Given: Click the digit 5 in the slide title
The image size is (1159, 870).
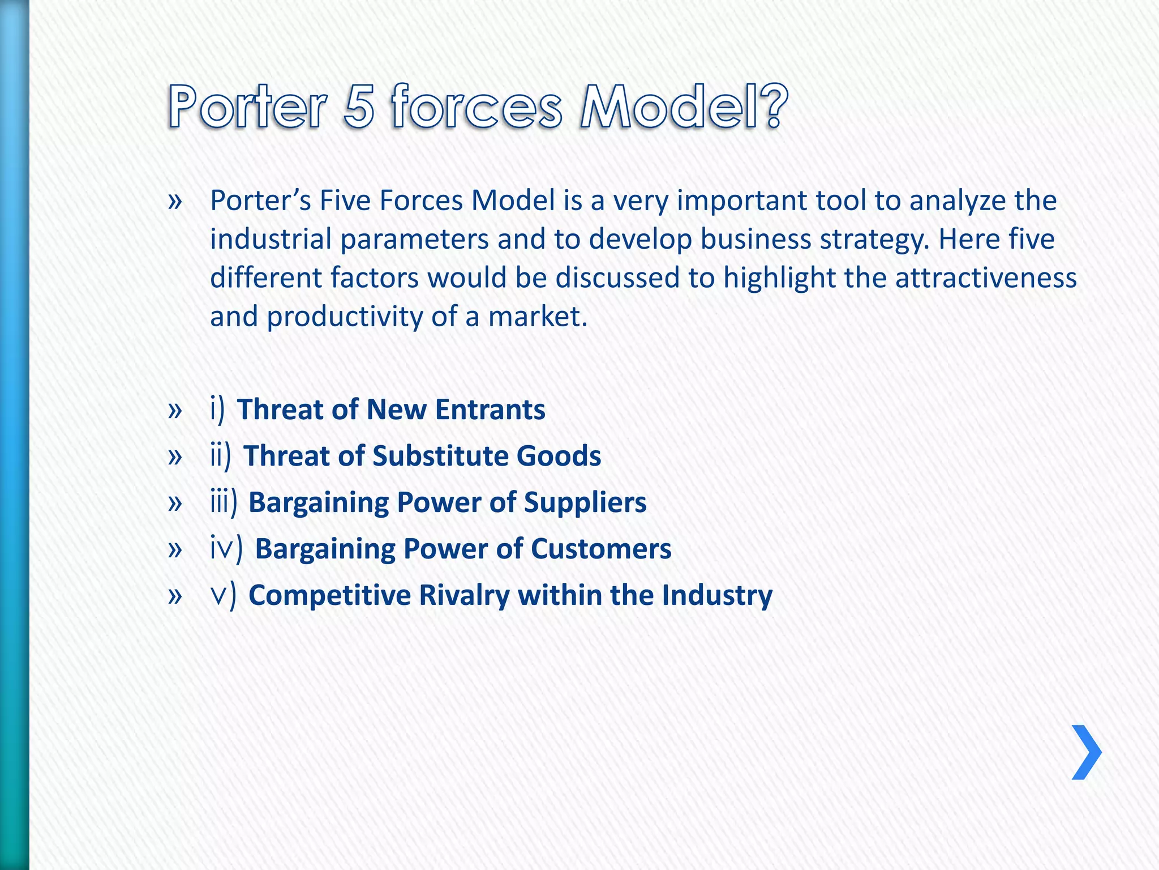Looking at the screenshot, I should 359,106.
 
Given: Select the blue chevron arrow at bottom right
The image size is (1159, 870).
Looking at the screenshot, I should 1086,752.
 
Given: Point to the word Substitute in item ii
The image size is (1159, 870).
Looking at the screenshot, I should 440,456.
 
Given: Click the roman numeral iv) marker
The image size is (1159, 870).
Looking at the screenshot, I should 226,549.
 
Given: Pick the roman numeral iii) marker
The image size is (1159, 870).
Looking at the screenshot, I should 224,502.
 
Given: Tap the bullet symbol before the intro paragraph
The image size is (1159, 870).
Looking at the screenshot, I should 175,201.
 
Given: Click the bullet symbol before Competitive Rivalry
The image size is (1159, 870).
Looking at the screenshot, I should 175,596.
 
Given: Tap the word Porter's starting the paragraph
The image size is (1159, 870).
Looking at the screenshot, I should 260,201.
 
